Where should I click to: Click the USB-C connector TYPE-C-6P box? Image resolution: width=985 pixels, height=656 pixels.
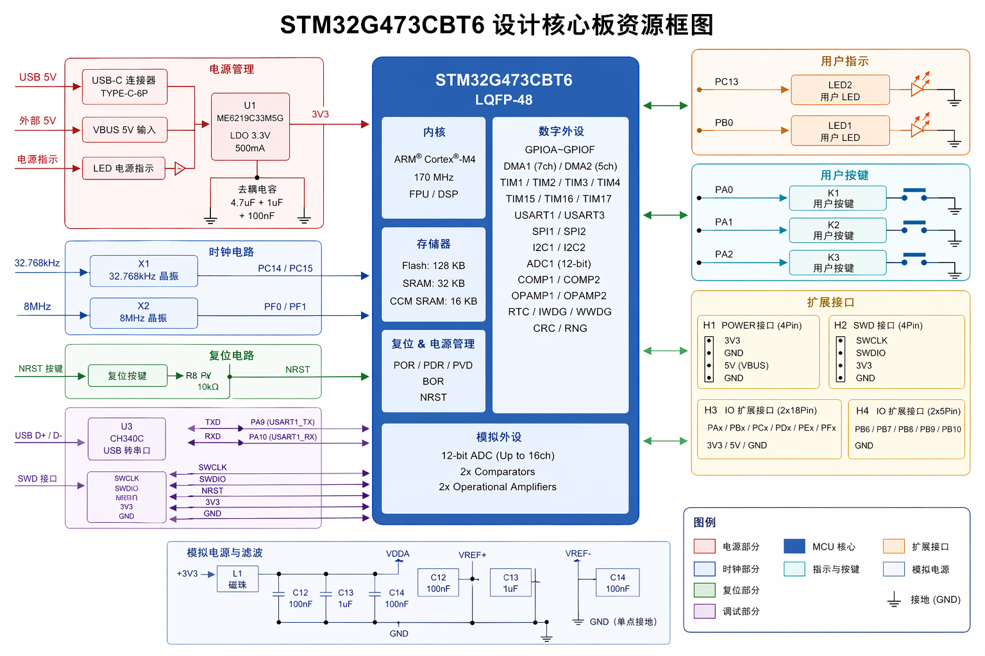[x=124, y=86]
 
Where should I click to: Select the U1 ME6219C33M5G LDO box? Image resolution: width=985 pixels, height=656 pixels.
[x=250, y=127]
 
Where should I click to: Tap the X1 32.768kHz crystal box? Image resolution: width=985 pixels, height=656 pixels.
[x=144, y=270]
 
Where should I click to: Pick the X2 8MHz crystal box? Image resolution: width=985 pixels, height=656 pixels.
[x=144, y=313]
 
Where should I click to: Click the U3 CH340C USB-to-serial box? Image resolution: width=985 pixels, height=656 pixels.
[x=126, y=439]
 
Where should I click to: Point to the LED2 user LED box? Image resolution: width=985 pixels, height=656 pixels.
[x=840, y=90]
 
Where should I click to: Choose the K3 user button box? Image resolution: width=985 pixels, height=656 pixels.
[x=838, y=263]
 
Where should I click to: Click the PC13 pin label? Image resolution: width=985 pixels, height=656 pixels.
[x=727, y=81]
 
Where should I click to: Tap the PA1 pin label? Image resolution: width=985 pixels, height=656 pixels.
[x=724, y=222]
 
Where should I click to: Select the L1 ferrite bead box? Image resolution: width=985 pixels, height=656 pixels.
[x=237, y=579]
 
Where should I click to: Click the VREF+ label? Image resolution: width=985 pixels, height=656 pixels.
[x=472, y=555]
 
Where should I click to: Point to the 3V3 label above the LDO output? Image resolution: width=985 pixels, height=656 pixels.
[x=320, y=114]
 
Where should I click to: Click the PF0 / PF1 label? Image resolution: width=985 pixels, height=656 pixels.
[x=285, y=307]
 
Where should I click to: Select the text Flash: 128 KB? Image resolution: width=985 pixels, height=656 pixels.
[x=434, y=265]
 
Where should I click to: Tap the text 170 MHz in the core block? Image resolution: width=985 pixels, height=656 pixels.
[x=434, y=177]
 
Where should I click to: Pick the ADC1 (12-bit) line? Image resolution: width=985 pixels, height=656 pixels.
[x=559, y=263]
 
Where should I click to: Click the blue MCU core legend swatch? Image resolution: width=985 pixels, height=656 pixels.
[x=794, y=546]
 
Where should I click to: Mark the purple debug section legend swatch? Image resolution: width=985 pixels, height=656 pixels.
[x=704, y=611]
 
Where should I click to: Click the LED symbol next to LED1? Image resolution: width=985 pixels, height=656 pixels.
[x=918, y=128]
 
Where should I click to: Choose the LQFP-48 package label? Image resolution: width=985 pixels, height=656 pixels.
[x=503, y=100]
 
